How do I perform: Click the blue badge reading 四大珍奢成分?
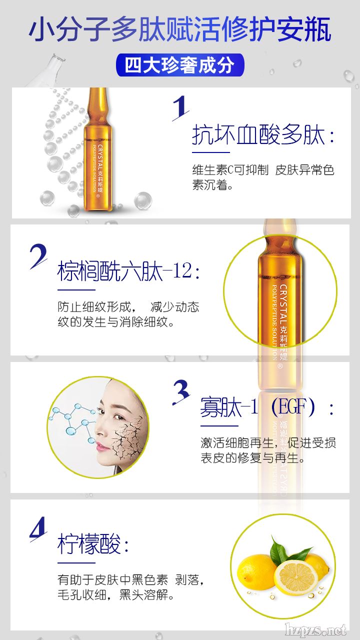pyautogui.click(x=180, y=65)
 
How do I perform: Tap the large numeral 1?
pyautogui.click(x=180, y=108)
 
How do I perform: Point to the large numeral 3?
pyautogui.click(x=181, y=392)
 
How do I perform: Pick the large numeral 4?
pyautogui.click(x=38, y=529)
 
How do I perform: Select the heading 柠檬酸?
pyautogui.click(x=89, y=544)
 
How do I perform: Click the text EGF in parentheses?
pyautogui.click(x=293, y=407)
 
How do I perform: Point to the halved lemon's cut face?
pyautogui.click(x=297, y=576)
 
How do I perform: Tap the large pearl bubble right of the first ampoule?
pyautogui.click(x=143, y=200)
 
